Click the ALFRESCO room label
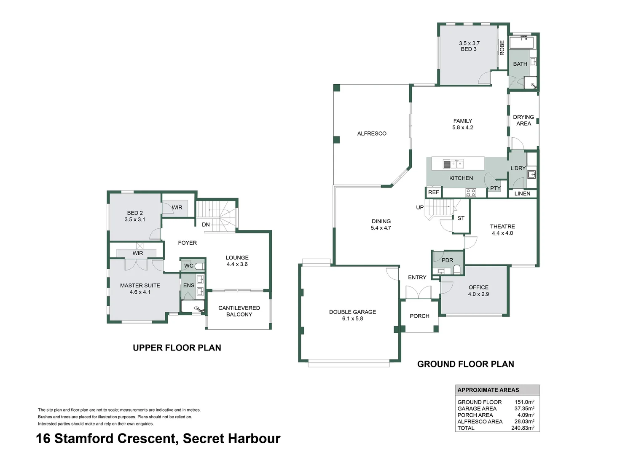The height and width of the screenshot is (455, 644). pos(371,134)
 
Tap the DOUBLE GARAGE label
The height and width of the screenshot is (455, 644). pos(352,312)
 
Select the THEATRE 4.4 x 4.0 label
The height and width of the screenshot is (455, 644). pos(502,230)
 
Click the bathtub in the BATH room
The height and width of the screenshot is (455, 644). pos(521,43)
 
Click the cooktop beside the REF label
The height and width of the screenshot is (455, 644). pos(470,193)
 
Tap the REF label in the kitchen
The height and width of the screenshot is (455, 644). pos(433,192)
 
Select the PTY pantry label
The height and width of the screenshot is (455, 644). pos(495,188)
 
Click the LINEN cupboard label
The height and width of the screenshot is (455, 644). pos(522,193)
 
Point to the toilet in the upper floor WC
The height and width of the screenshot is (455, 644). pos(199,266)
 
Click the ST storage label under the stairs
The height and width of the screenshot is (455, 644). pos(461,218)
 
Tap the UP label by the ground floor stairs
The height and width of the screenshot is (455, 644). pos(420,207)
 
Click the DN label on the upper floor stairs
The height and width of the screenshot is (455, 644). pos(206,225)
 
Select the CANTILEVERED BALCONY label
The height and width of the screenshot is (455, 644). pos(239,311)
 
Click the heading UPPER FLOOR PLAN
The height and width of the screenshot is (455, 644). pos(177,348)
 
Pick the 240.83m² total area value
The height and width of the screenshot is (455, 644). pos(523,428)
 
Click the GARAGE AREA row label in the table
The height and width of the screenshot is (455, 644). pos(477,408)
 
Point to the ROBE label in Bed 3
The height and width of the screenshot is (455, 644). pos(502,48)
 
